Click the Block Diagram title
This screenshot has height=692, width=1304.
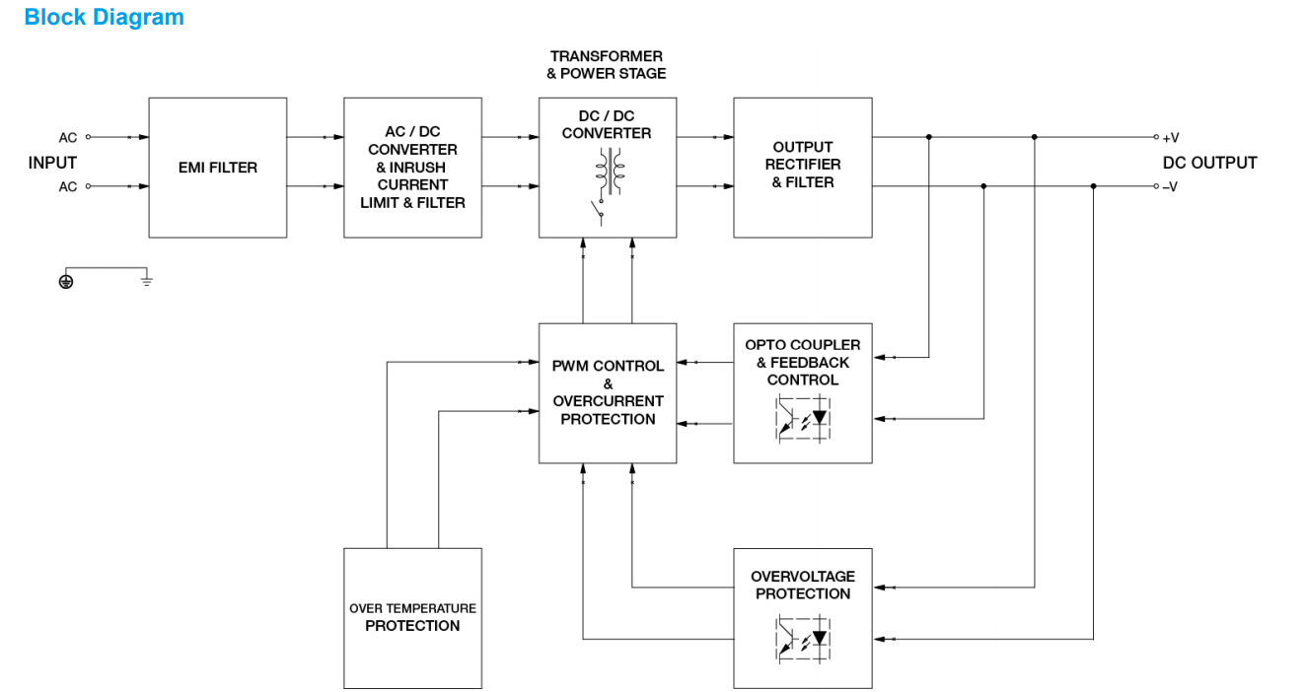(x=104, y=18)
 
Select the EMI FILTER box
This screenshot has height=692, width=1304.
(x=218, y=168)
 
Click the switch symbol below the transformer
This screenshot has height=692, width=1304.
(x=598, y=209)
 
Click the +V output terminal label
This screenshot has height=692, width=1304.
(x=1171, y=138)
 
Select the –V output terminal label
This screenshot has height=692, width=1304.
(x=1171, y=187)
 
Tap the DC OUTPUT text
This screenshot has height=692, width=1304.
(x=1209, y=163)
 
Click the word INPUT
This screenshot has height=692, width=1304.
(x=52, y=163)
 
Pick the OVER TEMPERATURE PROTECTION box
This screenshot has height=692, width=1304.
(x=412, y=618)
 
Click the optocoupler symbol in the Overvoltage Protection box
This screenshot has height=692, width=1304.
(x=803, y=635)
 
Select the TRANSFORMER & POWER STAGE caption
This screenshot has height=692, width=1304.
(x=607, y=65)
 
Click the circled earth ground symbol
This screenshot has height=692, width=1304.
(x=66, y=282)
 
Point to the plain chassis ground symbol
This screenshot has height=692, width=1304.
(x=147, y=281)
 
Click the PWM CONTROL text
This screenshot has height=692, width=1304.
(x=608, y=366)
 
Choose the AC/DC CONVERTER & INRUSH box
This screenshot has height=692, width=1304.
(x=412, y=167)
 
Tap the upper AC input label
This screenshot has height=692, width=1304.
(x=67, y=138)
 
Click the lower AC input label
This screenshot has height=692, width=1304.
(x=67, y=187)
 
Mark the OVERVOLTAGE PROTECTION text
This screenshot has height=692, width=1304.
(x=802, y=585)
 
